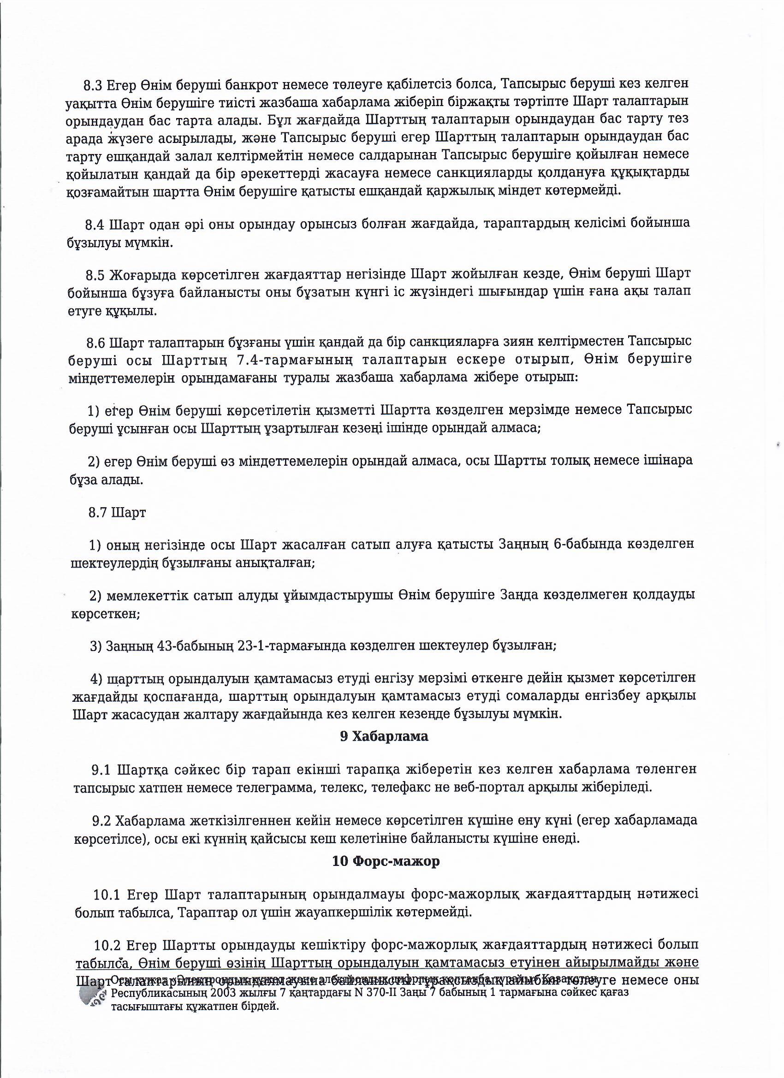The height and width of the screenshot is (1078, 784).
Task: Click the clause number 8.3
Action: point(93,86)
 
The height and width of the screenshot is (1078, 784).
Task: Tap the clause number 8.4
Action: point(95,225)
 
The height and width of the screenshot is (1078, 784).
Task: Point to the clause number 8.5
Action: point(95,275)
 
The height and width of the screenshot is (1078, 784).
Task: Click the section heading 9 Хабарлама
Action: point(384,736)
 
